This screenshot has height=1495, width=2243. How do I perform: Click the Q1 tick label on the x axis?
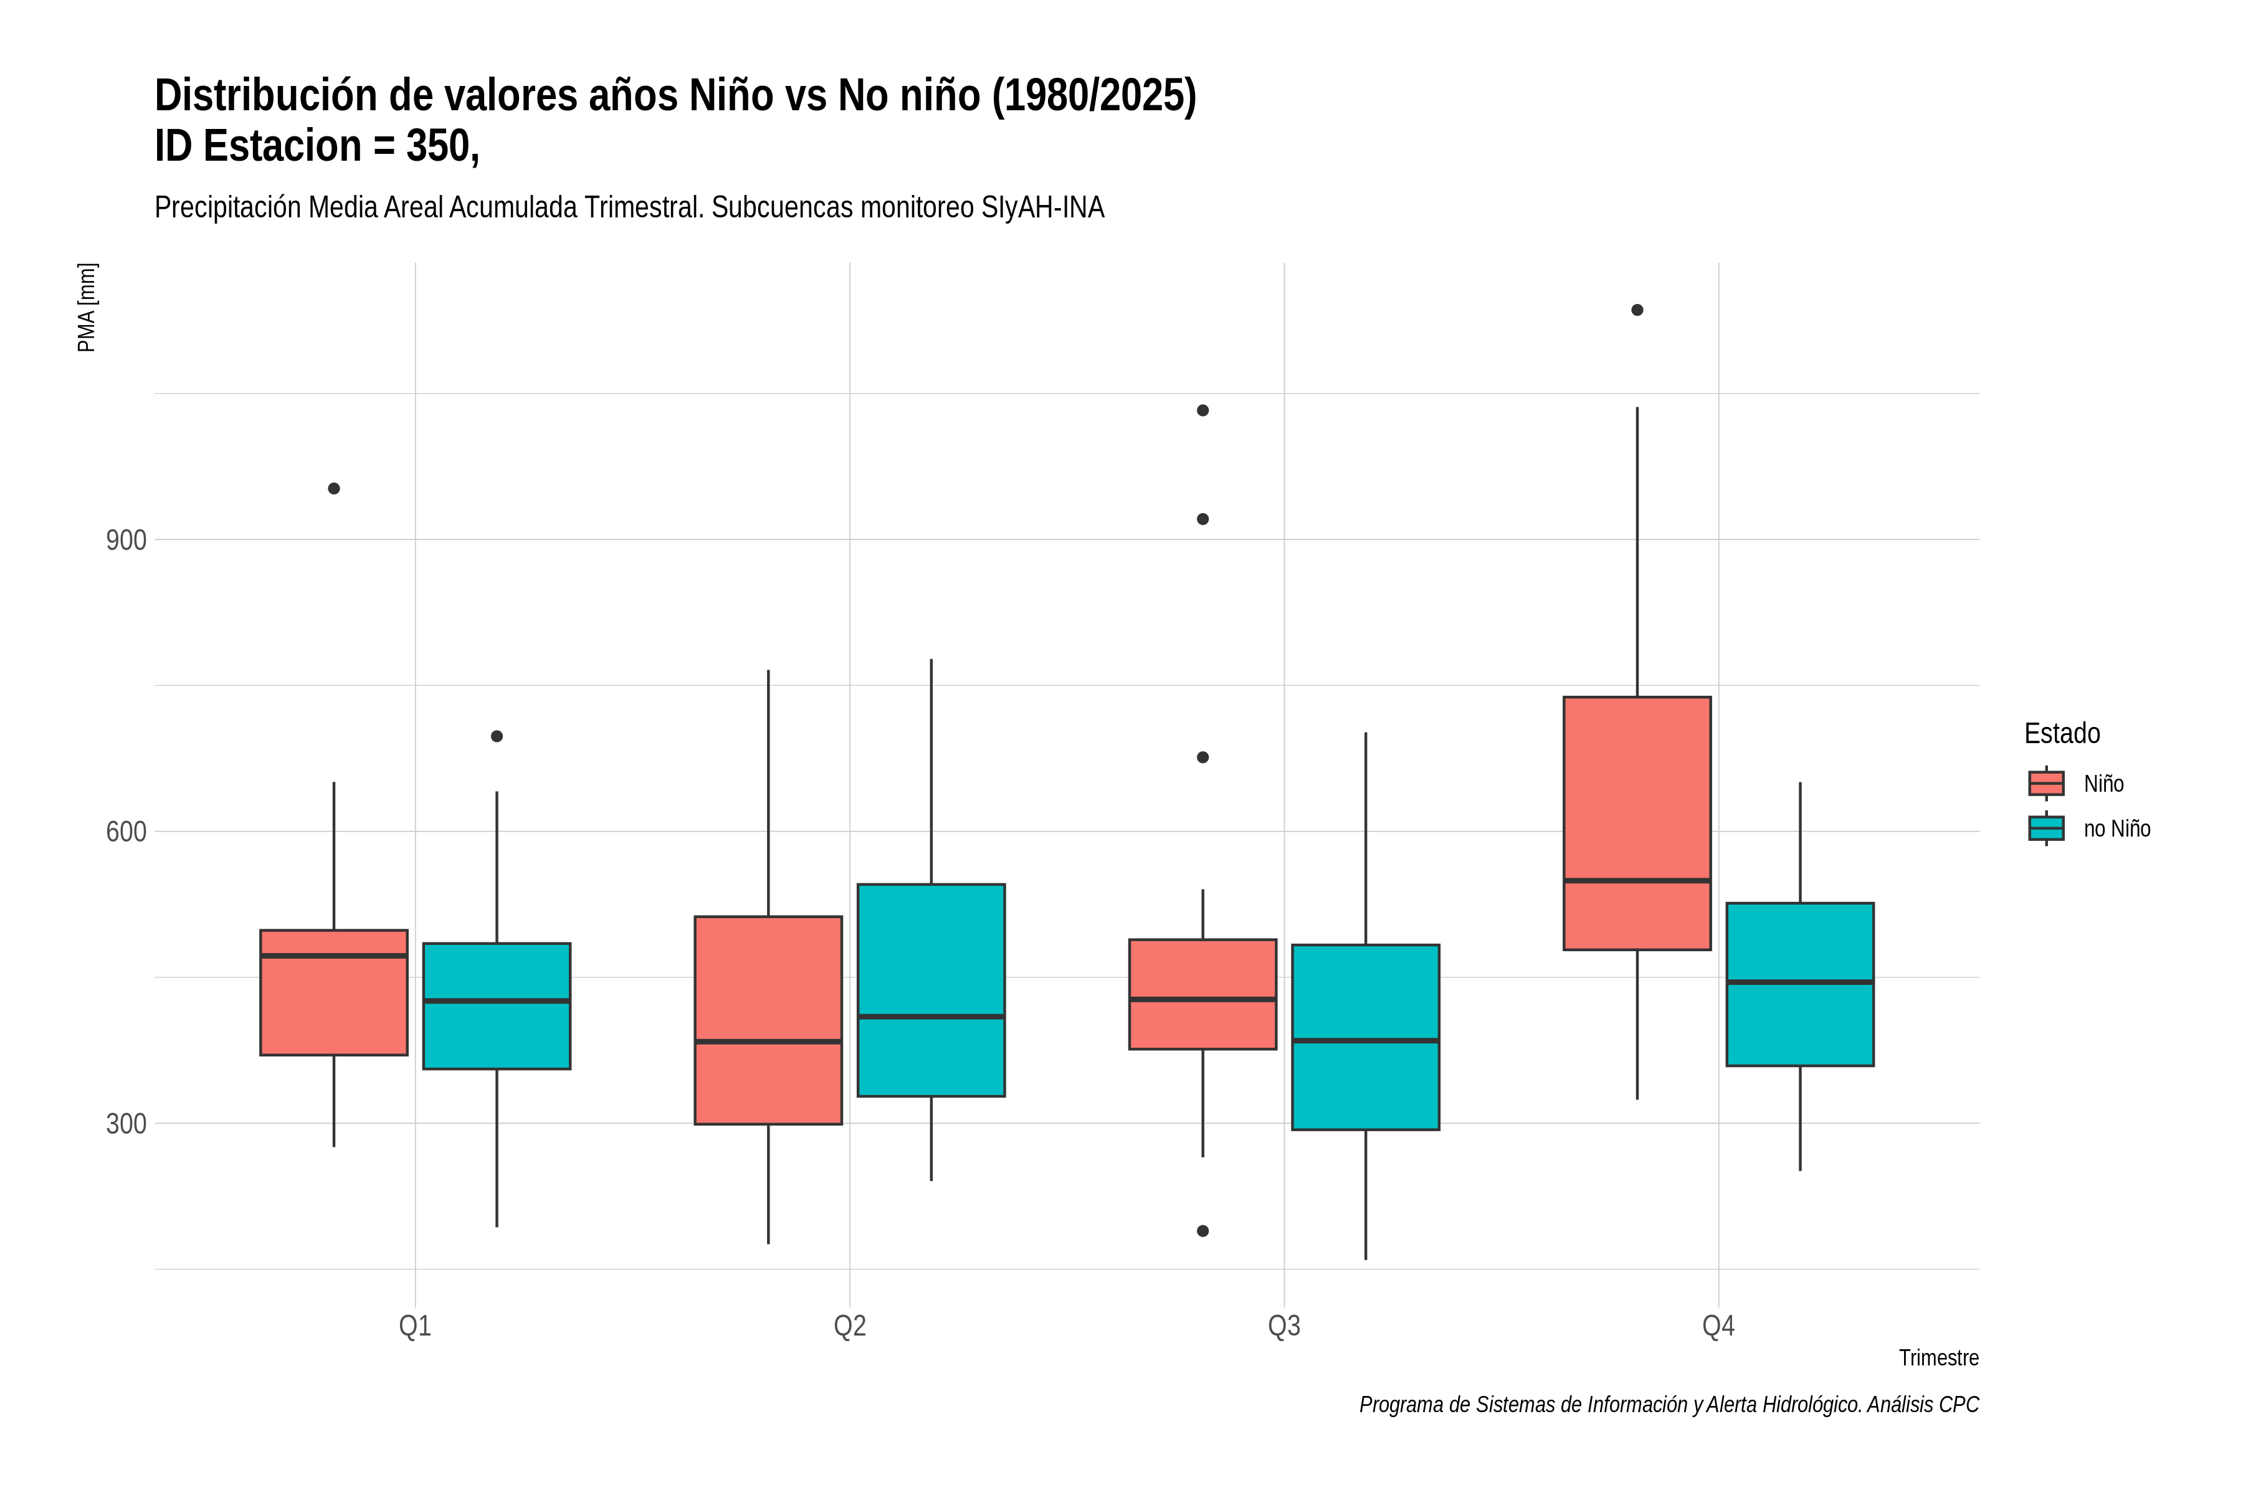(415, 1326)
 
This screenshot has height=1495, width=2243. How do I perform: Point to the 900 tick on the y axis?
(126, 541)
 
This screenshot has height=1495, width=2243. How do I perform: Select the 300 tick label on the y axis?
(126, 1124)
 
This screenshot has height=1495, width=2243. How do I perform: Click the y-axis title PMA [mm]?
(87, 307)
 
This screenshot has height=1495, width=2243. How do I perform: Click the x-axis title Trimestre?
(1939, 1358)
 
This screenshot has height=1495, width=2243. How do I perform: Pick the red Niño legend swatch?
(2047, 784)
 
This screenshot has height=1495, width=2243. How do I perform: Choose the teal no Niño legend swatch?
(2047, 828)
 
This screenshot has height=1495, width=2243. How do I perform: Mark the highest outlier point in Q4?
(1637, 310)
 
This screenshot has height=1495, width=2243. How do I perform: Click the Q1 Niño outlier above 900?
(334, 489)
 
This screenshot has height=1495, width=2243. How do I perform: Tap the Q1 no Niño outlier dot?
(497, 736)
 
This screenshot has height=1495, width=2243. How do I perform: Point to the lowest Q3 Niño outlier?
(1202, 1231)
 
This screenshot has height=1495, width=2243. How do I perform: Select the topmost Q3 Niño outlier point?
(1202, 411)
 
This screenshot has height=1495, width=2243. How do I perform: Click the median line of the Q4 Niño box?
(1637, 881)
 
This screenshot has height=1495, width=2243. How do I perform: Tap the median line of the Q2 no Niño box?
(931, 1017)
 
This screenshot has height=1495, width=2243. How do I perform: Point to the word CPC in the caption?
(1960, 1405)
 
